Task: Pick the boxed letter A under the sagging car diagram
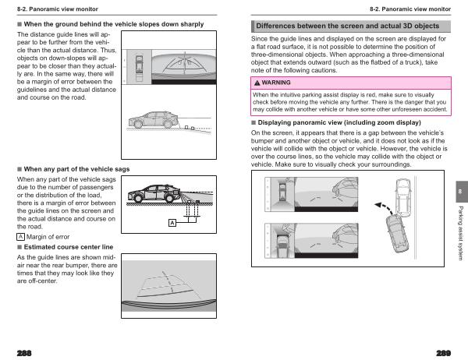click(172, 224)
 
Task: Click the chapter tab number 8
click(459, 192)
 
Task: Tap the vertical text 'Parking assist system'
click(459, 234)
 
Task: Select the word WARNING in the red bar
click(277, 82)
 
